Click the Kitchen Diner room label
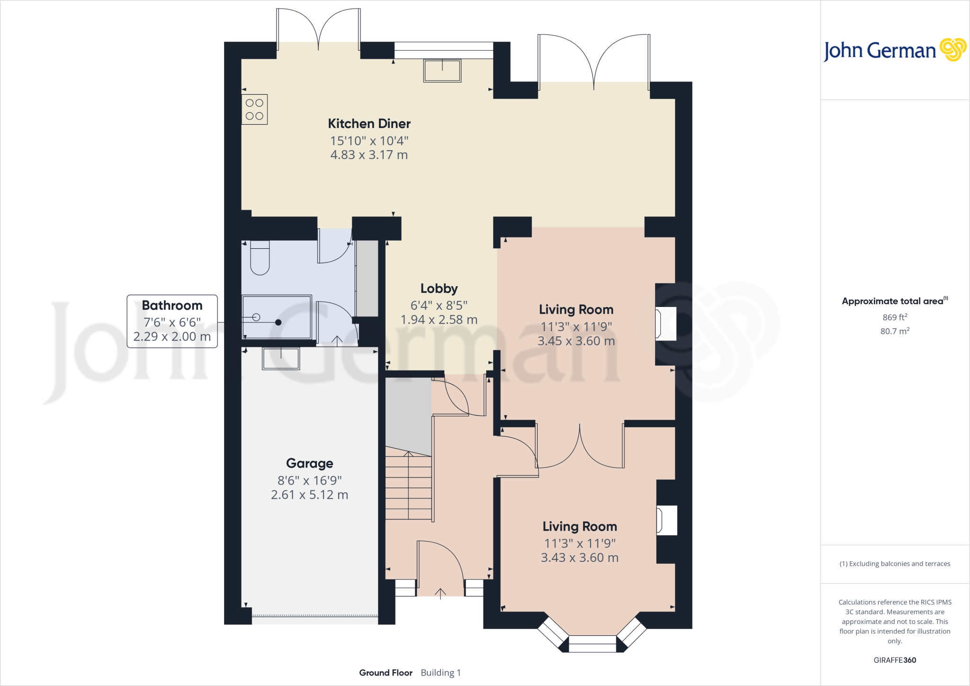[369, 124]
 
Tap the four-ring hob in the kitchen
[254, 109]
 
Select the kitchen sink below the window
[442, 71]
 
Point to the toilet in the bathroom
[260, 259]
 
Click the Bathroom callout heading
[172, 306]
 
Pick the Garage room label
[309, 463]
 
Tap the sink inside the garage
[281, 359]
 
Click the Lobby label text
[439, 289]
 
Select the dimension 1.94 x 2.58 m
[439, 320]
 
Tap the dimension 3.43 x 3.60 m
[579, 558]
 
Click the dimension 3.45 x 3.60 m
[576, 341]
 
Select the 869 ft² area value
[894, 317]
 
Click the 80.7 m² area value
[894, 331]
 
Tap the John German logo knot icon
[952, 50]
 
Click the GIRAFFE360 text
[894, 660]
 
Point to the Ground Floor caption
[386, 673]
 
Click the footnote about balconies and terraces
[894, 564]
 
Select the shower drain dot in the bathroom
[278, 322]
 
